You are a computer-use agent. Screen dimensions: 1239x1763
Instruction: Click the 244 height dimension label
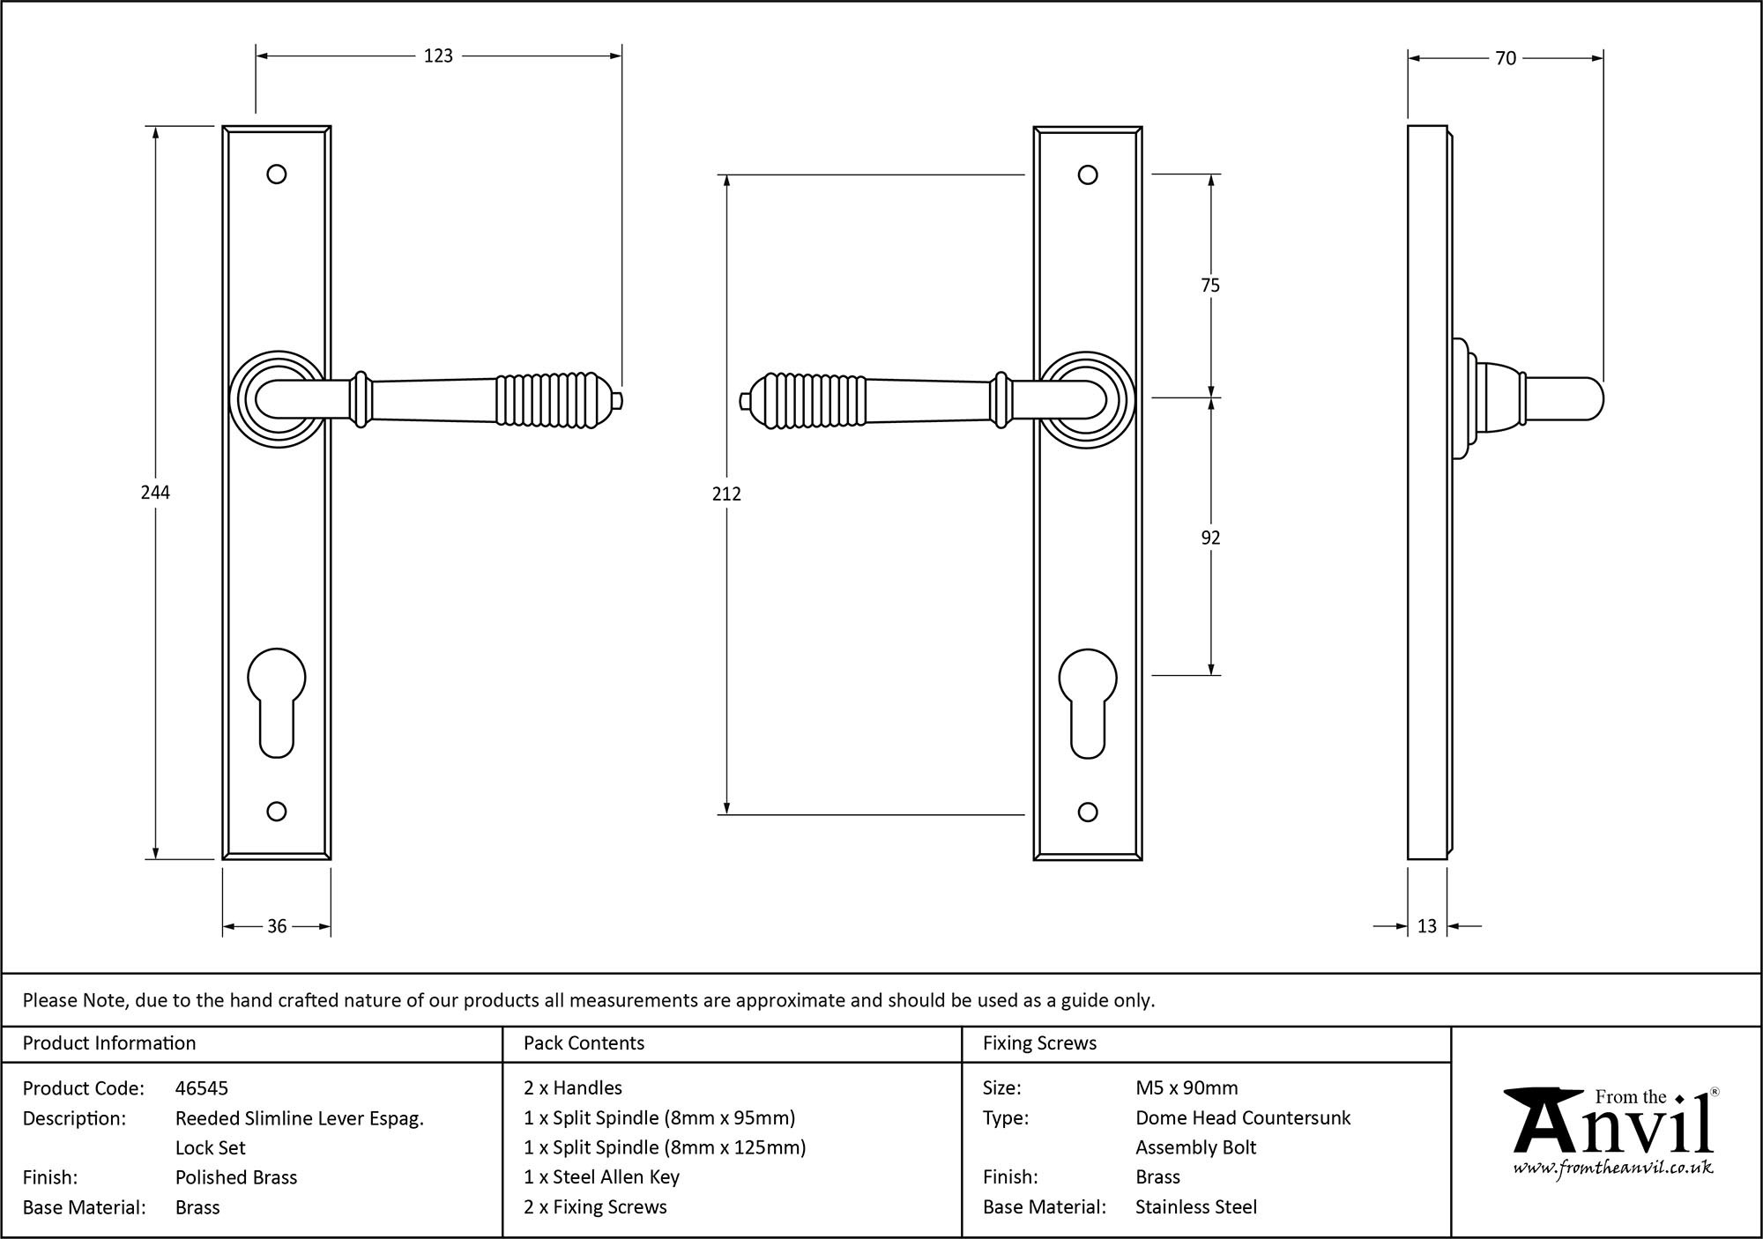coord(155,493)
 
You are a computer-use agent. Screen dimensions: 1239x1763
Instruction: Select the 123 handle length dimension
coord(438,56)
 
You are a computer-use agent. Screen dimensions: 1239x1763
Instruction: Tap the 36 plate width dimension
coord(277,926)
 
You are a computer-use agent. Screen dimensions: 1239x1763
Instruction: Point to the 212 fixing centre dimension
coord(726,494)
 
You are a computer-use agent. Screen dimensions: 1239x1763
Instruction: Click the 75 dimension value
coord(1210,286)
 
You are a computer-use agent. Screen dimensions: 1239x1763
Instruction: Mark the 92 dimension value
coord(1210,538)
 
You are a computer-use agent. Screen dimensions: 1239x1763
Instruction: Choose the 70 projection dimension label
coord(1506,58)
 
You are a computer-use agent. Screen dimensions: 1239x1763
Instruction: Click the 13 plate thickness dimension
coord(1427,926)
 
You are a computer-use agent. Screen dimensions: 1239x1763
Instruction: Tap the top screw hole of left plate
coord(277,174)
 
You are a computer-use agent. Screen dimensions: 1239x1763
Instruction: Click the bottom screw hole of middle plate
coord(1088,812)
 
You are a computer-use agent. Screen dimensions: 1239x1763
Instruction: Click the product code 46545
coord(202,1088)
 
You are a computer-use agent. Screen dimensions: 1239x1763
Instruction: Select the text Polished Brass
coord(236,1177)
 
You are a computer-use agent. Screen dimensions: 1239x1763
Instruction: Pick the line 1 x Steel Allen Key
coord(601,1177)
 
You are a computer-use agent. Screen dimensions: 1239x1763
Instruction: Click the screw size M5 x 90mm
coord(1186,1088)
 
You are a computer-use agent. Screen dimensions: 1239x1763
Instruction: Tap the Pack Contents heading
coord(584,1043)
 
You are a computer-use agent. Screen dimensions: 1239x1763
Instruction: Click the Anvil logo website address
coord(1613,1169)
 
